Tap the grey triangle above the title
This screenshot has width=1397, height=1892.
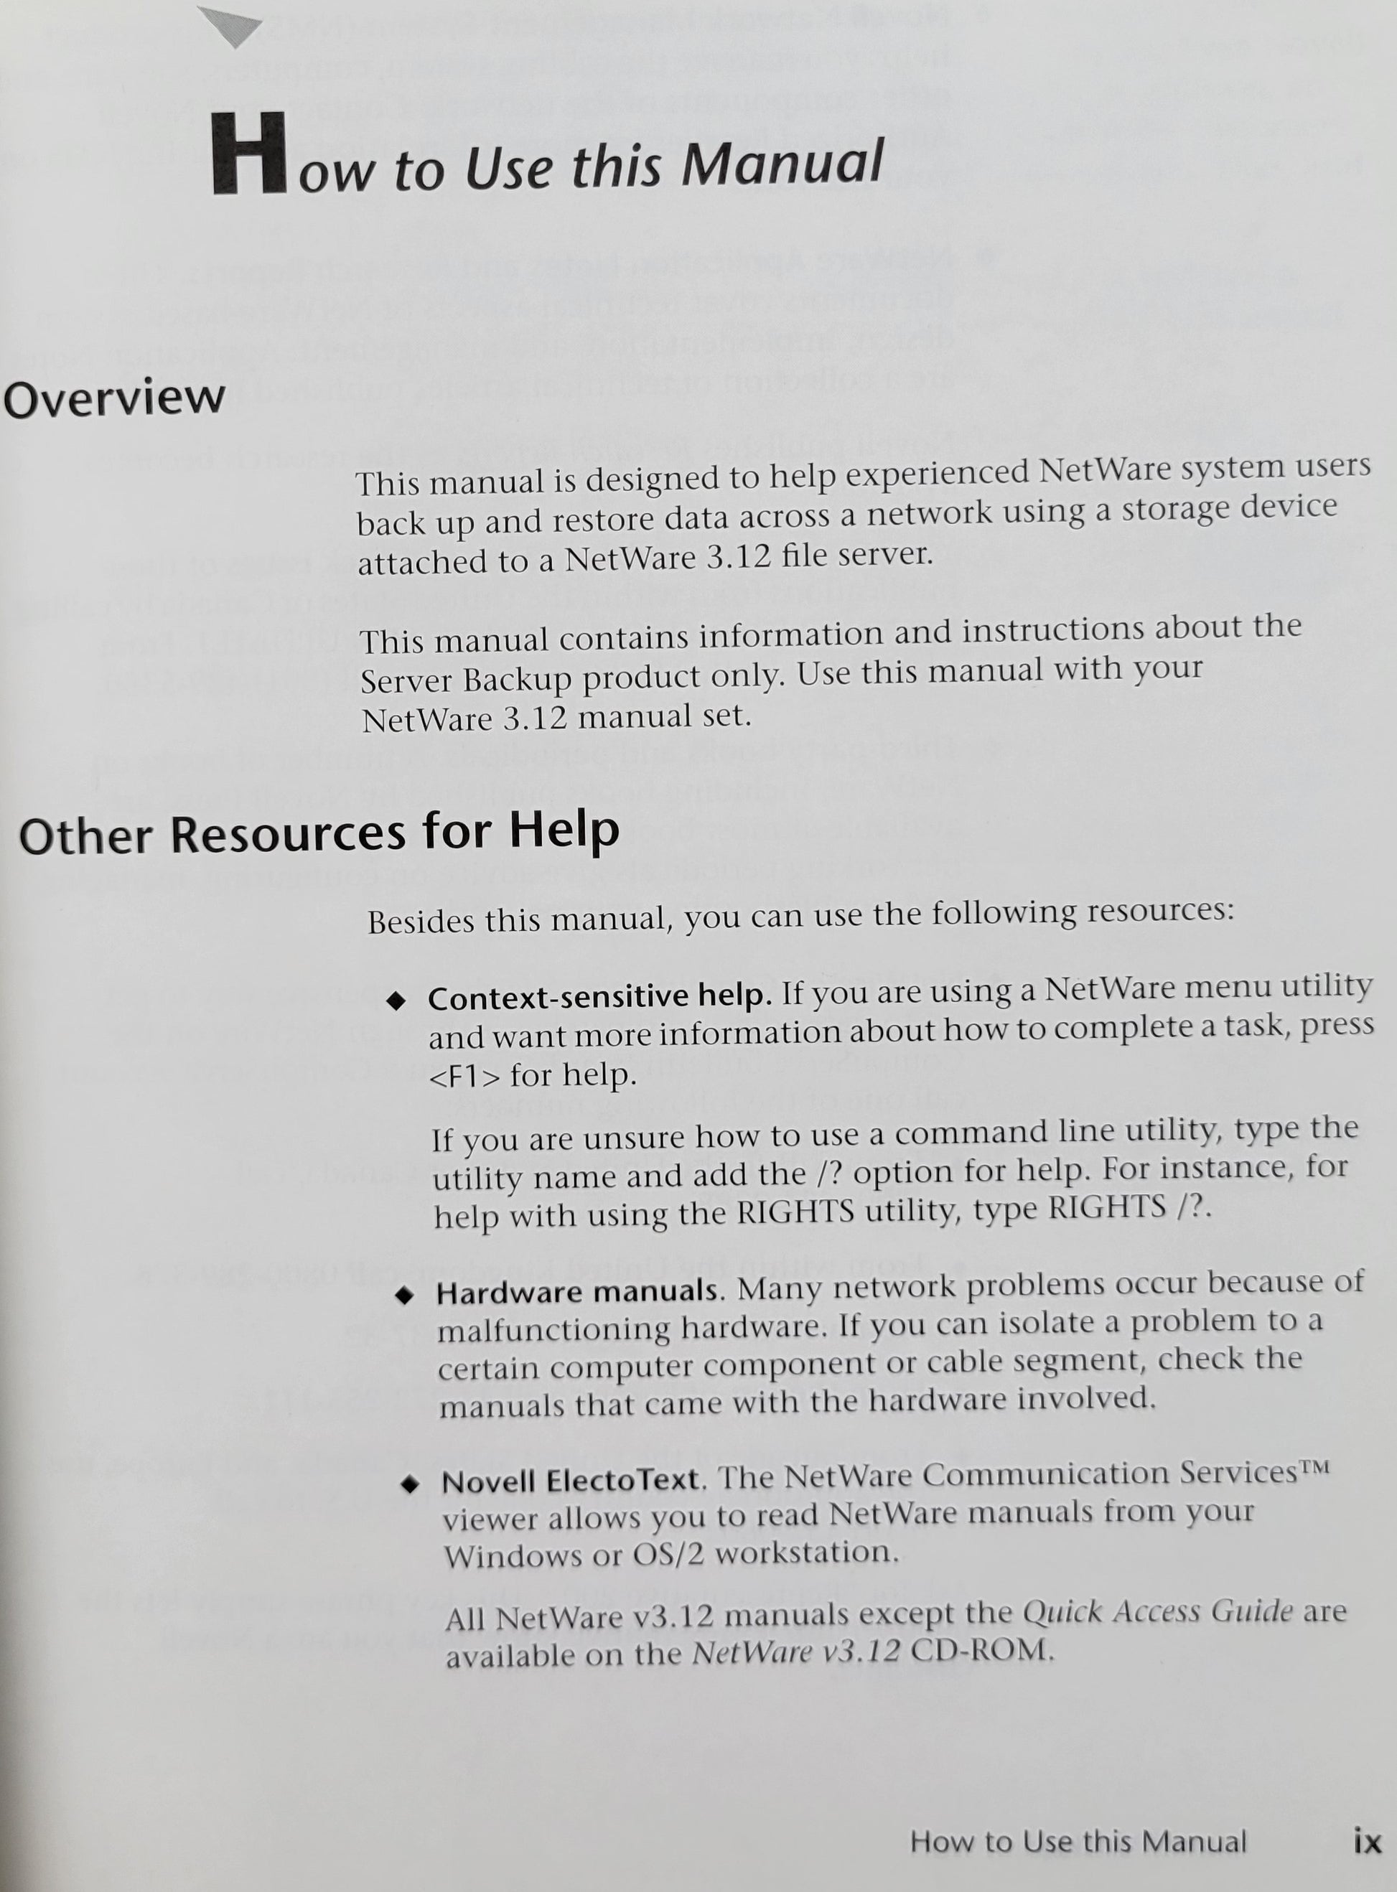(x=230, y=25)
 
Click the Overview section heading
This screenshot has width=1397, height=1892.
(x=114, y=398)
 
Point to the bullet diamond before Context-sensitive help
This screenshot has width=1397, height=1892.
(x=395, y=1002)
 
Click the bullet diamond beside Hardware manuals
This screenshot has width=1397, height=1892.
(x=404, y=1295)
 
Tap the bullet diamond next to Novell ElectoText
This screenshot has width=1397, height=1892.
(x=410, y=1484)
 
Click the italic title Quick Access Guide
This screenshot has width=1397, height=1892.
(x=1157, y=1611)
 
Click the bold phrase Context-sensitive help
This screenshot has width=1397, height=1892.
(x=599, y=998)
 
